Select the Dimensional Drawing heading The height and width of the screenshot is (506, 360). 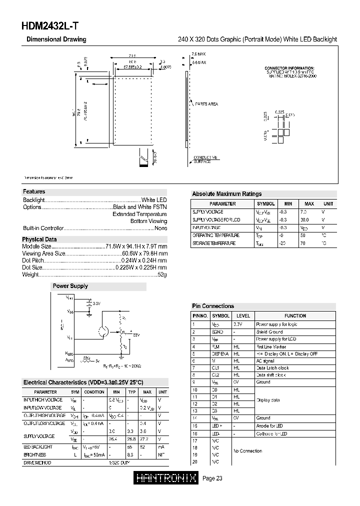tap(56, 39)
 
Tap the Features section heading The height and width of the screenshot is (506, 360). tap(34, 191)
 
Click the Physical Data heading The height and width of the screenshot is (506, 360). tap(39, 239)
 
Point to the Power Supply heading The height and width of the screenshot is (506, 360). tap(70, 286)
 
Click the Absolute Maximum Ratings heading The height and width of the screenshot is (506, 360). tap(226, 194)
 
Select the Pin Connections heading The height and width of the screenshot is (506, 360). tap(213, 306)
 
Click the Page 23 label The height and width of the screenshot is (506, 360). tap(212, 478)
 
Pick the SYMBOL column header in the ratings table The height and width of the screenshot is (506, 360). tap(265, 204)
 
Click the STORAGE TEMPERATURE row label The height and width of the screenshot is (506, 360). tap(214, 243)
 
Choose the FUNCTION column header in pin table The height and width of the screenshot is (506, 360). tap(295, 316)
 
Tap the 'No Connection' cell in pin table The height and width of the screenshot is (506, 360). tap(247, 451)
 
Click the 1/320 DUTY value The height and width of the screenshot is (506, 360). tap(119, 463)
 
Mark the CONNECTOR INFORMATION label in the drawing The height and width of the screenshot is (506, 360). tap(289, 67)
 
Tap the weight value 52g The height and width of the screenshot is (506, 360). tap(162, 275)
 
